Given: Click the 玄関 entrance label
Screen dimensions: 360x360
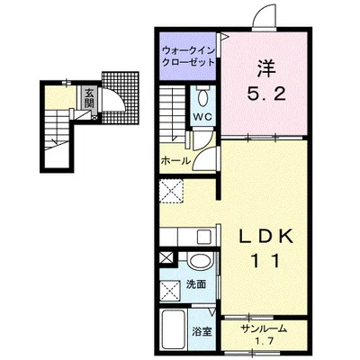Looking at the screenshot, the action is [x=89, y=98].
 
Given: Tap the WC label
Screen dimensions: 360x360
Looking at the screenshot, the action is [x=202, y=116].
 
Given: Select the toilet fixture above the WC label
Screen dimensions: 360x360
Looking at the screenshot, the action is [x=203, y=95].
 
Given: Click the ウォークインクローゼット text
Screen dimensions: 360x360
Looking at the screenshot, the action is [x=188, y=57].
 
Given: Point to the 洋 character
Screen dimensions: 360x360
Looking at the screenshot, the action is [x=265, y=68].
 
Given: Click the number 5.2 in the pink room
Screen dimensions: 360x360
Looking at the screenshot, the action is [x=265, y=94].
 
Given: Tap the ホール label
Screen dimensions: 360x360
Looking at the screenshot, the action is [x=175, y=161].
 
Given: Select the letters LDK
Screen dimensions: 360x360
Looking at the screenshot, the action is [x=265, y=238].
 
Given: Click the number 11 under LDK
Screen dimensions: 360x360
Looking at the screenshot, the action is [x=265, y=261].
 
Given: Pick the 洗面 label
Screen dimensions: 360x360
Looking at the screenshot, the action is [x=196, y=284].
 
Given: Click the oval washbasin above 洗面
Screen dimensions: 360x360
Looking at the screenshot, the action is [x=199, y=261].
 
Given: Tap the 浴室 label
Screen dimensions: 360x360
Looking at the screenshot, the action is [x=202, y=331].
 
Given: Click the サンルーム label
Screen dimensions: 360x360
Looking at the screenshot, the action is [x=264, y=328].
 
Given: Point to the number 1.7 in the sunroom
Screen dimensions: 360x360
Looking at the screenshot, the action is [x=264, y=341].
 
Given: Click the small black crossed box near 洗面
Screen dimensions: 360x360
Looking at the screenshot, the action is [x=166, y=258].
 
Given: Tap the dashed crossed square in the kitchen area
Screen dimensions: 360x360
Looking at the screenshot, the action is [x=171, y=190].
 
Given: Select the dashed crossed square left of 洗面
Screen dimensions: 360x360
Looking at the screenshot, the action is [x=170, y=292].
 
